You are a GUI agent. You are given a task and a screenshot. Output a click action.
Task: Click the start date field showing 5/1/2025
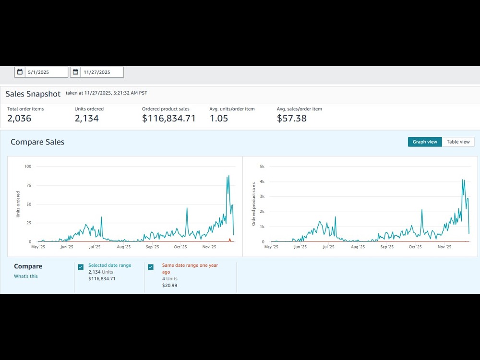tap(47, 72)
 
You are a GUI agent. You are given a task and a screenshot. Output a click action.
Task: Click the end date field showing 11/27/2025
tap(102, 72)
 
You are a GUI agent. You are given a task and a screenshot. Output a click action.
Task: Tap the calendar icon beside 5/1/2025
tap(20, 72)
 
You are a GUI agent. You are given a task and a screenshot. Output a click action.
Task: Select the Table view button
tap(458, 142)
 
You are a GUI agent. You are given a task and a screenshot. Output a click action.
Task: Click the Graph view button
tap(425, 142)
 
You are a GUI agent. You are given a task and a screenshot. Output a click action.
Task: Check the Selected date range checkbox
tap(81, 267)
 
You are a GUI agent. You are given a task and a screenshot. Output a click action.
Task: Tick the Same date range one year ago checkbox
tap(151, 267)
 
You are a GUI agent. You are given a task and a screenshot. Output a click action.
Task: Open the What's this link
tap(26, 276)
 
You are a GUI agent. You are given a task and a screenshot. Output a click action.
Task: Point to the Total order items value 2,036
tap(19, 118)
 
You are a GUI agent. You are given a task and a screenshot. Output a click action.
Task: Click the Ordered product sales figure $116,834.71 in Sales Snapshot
tap(168, 118)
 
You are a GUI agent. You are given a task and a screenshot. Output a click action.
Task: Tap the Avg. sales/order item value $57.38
tap(292, 118)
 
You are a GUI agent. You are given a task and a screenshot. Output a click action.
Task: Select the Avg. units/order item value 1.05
tap(219, 118)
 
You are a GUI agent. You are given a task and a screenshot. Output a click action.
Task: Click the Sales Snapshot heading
tap(33, 94)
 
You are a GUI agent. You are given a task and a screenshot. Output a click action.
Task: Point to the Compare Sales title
tap(37, 142)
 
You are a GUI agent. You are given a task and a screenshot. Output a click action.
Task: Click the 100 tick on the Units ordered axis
tap(28, 167)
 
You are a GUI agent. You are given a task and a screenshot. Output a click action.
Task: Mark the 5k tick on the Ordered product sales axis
tap(262, 167)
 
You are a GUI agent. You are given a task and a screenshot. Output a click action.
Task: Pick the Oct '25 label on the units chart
tap(180, 247)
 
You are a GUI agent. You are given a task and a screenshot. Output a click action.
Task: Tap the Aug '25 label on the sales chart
tap(358, 247)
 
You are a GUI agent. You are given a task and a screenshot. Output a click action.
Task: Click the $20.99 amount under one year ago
tap(169, 285)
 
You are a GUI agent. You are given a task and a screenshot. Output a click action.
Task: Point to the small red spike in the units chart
tap(230, 240)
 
